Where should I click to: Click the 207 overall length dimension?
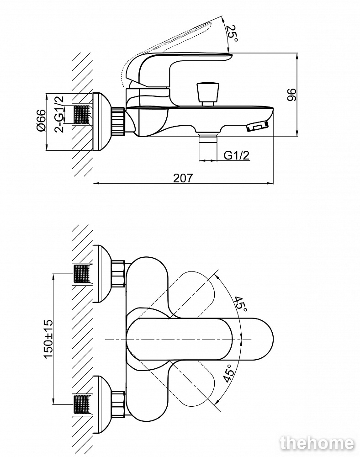(183, 178)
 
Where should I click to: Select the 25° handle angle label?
(233, 34)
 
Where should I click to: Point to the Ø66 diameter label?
(41, 122)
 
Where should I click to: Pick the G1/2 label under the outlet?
(237, 155)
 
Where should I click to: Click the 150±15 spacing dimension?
(48, 339)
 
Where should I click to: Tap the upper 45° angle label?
(240, 304)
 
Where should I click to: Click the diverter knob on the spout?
(206, 93)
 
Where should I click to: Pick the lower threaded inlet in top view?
(83, 405)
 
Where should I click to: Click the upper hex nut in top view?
(118, 273)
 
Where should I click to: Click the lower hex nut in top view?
(118, 404)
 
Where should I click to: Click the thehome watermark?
(317, 442)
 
